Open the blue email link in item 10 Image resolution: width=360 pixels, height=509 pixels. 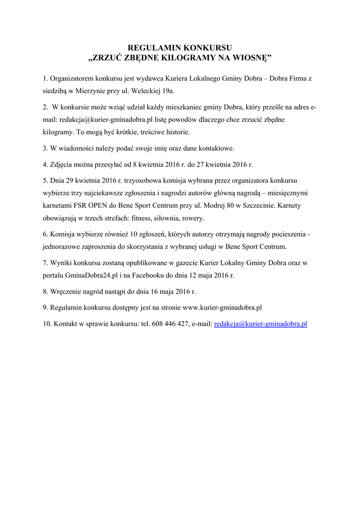click(x=260, y=324)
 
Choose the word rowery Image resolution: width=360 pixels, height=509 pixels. click(x=193, y=218)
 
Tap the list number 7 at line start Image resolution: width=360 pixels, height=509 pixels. click(x=45, y=262)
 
